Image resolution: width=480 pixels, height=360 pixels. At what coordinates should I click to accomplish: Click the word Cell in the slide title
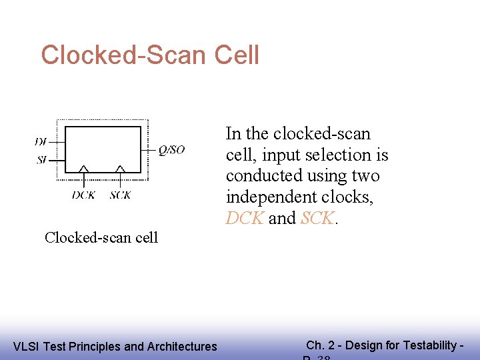point(237,55)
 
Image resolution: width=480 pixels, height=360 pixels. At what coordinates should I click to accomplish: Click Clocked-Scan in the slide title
point(124,55)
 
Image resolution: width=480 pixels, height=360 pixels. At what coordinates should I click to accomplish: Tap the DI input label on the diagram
point(41,142)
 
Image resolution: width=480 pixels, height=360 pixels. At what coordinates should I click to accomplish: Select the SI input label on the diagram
point(41,160)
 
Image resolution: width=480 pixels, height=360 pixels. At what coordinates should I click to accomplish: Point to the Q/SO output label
point(171,151)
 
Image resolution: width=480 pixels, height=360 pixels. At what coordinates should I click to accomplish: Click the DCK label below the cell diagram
point(84,195)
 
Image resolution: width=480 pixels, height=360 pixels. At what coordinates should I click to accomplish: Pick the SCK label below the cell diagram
point(120,195)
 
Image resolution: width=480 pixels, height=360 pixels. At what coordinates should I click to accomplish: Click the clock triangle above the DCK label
point(85,169)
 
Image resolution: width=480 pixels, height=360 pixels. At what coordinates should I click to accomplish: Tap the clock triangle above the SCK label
point(120,169)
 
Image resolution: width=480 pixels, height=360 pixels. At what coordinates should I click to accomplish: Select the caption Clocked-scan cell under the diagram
point(101,238)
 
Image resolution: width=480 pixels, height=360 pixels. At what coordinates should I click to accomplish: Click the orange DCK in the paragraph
point(245,219)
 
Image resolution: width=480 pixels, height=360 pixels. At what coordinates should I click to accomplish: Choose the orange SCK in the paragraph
point(317,219)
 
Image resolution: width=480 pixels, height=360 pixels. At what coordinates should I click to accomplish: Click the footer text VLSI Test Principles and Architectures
point(115,346)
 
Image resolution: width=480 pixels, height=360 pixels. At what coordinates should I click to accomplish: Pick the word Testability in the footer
point(433,345)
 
